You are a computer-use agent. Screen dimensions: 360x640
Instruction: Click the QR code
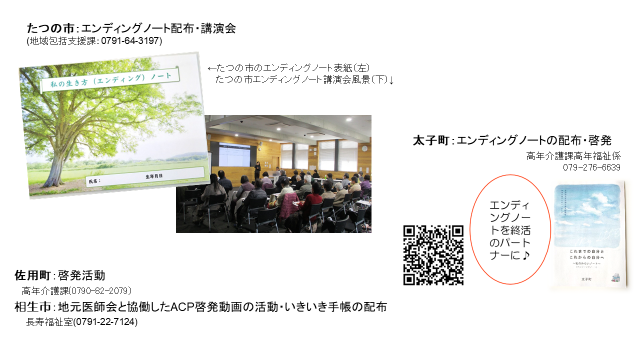pos(432,254)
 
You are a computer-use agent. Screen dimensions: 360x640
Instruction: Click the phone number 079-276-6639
pos(591,167)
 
